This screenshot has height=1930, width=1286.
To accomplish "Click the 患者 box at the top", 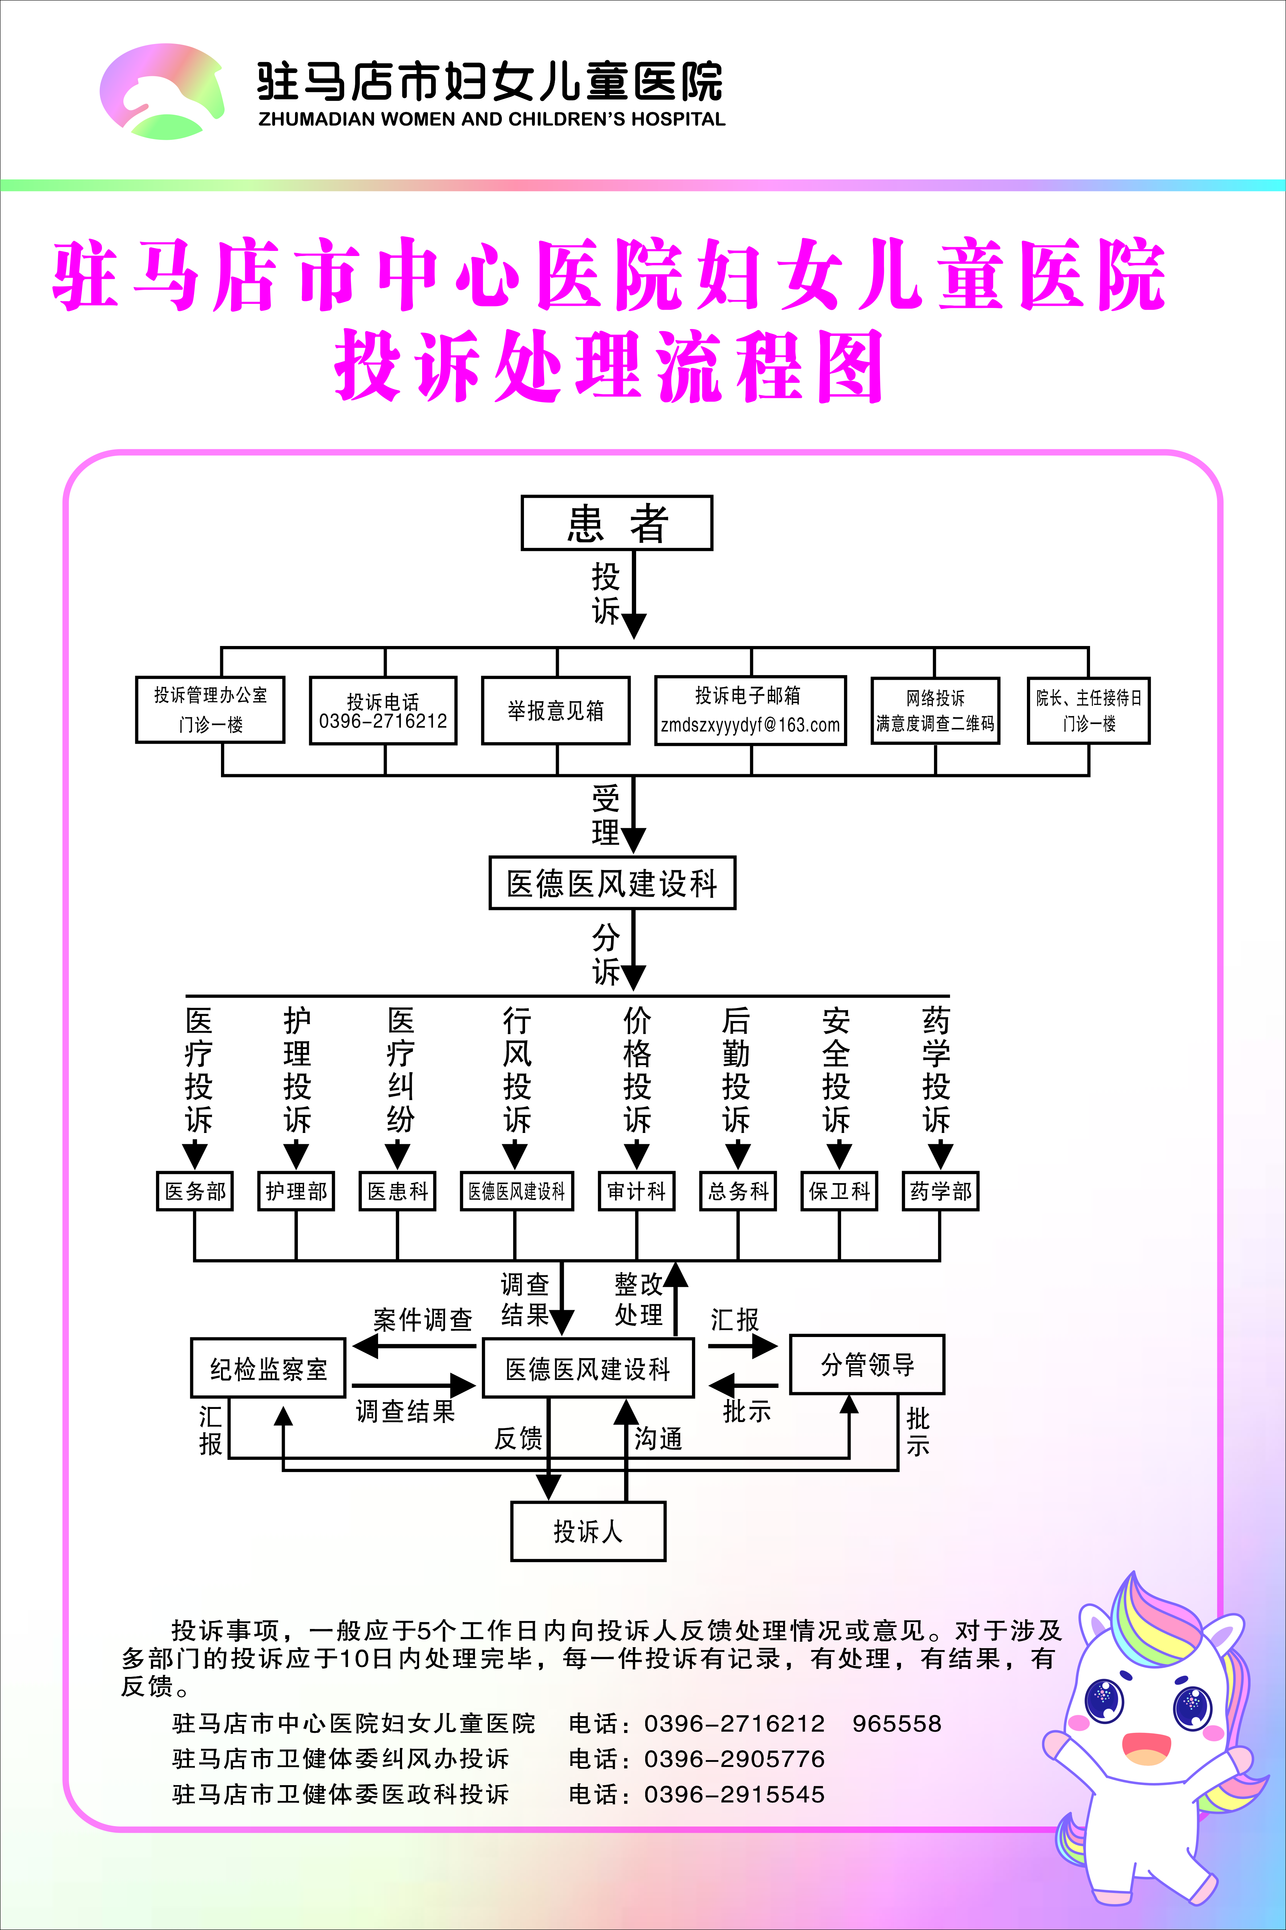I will click(x=617, y=523).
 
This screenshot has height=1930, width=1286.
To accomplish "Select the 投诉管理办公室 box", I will click(x=210, y=710).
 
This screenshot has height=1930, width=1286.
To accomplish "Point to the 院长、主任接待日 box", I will click(x=1088, y=711).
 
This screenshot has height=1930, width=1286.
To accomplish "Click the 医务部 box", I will click(x=195, y=1191).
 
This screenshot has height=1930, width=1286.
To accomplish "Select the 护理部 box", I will click(x=296, y=1191).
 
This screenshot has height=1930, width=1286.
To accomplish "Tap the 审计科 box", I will click(x=636, y=1191).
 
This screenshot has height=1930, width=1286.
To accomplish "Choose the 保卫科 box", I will click(x=839, y=1191).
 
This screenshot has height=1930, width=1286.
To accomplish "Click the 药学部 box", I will click(x=940, y=1191).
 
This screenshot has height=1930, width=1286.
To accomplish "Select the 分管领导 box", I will click(x=867, y=1365).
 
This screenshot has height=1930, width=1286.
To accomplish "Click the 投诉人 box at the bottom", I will click(x=588, y=1531).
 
